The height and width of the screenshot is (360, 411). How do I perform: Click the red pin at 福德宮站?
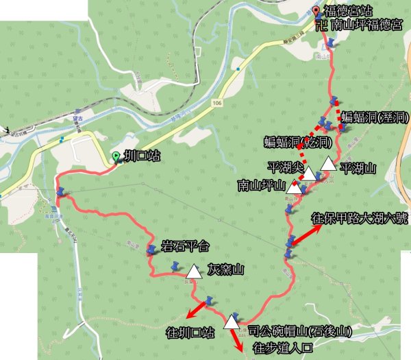[316, 10]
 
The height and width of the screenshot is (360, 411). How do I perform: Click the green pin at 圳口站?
[116, 156]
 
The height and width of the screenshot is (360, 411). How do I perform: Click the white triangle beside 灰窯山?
[194, 272]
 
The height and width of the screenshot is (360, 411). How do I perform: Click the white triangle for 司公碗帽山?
[233, 320]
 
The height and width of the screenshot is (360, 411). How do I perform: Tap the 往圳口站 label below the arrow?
[190, 333]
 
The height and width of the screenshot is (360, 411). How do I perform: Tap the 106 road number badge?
[217, 103]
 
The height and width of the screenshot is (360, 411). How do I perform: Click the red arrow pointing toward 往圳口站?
[197, 311]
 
